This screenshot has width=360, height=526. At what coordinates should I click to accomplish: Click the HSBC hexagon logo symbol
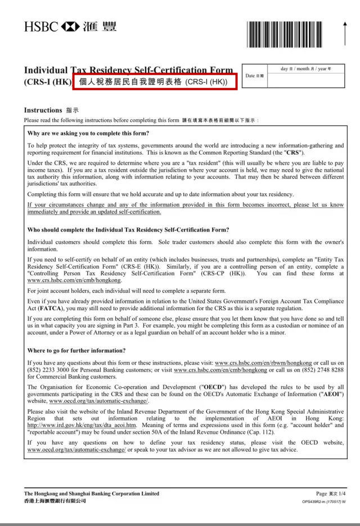tap(70, 26)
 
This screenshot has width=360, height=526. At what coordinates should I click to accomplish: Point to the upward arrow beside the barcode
tap(344, 33)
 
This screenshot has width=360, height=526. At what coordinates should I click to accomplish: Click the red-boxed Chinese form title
tap(152, 81)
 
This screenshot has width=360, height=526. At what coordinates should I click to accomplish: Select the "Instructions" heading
tap(43, 110)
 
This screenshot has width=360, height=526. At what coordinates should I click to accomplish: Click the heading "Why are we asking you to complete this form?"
tap(88, 133)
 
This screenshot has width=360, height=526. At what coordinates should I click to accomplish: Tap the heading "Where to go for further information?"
tap(76, 351)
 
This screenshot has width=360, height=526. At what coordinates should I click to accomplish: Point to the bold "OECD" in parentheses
tap(210, 388)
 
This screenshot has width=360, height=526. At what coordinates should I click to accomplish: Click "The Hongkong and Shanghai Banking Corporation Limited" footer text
tap(92, 493)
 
